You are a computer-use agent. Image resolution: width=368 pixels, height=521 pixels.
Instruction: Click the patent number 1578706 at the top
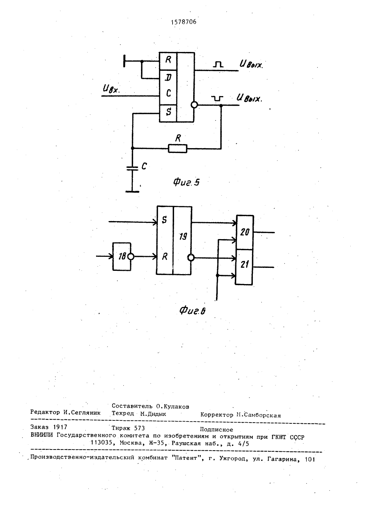(184, 22)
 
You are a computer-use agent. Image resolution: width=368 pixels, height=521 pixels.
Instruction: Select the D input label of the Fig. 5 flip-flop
(168, 77)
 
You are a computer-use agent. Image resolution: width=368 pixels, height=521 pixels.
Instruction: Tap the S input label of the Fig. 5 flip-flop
(169, 112)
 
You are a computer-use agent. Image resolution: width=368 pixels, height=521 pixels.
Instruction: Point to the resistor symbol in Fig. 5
(177, 148)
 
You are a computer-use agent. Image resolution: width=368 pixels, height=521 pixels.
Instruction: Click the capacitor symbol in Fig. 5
(132, 168)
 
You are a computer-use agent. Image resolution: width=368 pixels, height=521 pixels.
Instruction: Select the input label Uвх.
(112, 89)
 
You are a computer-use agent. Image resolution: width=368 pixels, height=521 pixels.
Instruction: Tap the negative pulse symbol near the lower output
(217, 98)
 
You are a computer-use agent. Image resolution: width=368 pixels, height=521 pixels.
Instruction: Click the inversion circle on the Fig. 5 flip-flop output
(194, 105)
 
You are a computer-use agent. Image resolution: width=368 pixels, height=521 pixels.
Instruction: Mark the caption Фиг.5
(186, 182)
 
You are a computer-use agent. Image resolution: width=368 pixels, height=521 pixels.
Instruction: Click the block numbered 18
(122, 256)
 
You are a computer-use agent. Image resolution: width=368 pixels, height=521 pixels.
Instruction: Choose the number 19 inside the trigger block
(183, 237)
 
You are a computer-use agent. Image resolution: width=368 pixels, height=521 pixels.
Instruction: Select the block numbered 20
(245, 232)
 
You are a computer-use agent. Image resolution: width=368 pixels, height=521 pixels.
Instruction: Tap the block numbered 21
(244, 267)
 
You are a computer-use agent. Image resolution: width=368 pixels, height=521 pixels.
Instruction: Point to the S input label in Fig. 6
(164, 220)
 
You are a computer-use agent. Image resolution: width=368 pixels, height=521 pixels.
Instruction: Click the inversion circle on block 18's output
(131, 257)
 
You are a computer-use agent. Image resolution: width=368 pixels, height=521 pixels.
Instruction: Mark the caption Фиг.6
(192, 311)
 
